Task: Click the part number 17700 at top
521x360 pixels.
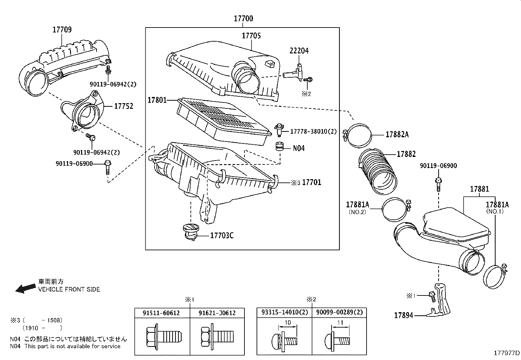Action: tap(243, 19)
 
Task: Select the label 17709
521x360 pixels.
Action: tap(62, 30)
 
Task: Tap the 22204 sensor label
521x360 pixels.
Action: tap(299, 51)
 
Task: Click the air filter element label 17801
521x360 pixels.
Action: tap(157, 100)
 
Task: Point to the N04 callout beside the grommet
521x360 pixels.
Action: tap(298, 148)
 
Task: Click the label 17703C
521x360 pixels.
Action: tap(222, 236)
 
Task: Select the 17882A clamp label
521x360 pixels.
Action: tap(397, 134)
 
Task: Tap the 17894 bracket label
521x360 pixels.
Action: tap(404, 315)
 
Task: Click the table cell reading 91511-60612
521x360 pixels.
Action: tap(161, 313)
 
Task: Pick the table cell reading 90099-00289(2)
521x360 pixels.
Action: tap(339, 313)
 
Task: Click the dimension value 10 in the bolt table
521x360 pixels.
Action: tap(287, 323)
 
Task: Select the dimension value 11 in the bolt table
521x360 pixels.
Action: tap(340, 323)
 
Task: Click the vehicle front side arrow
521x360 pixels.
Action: tap(26, 288)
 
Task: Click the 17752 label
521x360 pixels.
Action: tap(123, 106)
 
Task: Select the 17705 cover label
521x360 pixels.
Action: tap(251, 36)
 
